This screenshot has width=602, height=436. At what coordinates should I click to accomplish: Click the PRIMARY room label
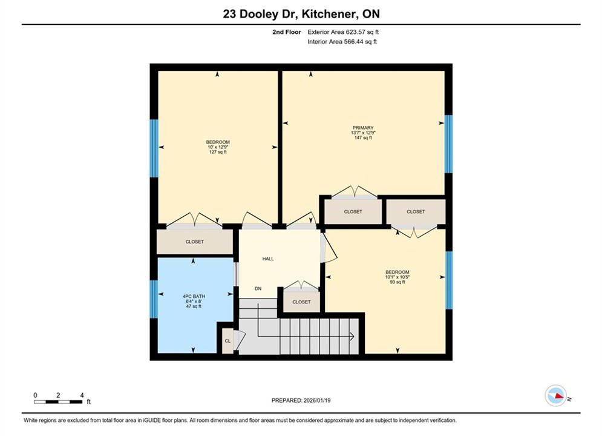363,128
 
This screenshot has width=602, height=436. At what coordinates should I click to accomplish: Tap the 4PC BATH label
194,297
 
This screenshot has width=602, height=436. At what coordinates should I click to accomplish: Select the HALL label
268,259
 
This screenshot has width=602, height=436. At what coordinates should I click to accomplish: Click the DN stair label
258,288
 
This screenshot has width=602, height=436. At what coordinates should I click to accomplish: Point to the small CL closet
227,341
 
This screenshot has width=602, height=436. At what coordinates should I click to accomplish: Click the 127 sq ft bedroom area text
218,152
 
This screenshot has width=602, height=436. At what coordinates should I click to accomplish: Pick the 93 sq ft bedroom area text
398,282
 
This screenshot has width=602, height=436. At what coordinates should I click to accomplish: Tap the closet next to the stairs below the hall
301,302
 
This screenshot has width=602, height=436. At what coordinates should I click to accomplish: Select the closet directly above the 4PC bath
195,242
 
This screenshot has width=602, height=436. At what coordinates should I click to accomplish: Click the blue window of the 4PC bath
154,299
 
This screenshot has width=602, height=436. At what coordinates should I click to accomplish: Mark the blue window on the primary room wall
448,144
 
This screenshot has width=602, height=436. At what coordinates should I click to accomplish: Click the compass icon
555,395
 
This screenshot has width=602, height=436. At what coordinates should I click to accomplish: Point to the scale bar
58,402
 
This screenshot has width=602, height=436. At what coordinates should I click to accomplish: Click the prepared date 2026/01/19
317,400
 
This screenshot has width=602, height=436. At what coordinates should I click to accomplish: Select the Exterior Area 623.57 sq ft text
343,32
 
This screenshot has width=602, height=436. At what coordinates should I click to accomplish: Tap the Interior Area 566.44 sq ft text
342,42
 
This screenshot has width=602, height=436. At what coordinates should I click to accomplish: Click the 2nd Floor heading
287,32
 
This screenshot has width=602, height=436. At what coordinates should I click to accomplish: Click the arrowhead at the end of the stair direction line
352,337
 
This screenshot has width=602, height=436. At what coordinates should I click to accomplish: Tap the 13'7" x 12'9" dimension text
363,133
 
